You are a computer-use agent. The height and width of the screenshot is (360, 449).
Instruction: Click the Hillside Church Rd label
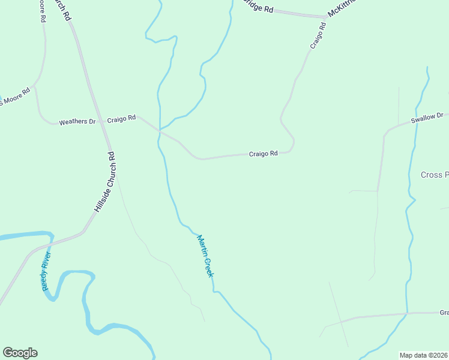(103, 182)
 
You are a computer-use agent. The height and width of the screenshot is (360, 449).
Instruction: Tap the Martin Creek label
(205, 256)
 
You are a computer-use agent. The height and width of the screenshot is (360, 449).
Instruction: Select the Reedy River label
(47, 272)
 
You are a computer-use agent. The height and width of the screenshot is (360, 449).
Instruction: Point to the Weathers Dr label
(77, 122)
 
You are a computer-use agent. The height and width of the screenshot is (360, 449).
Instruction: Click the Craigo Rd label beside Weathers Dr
(121, 119)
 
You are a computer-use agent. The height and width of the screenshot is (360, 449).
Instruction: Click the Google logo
(20, 353)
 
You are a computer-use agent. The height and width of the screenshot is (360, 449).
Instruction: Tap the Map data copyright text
(424, 355)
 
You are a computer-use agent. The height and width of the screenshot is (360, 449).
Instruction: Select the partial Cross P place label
(434, 175)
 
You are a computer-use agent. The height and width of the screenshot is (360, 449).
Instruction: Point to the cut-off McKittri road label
(342, 8)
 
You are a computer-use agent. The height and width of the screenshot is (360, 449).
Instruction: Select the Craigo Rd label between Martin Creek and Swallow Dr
(263, 154)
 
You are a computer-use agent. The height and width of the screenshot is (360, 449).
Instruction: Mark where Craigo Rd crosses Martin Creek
(160, 130)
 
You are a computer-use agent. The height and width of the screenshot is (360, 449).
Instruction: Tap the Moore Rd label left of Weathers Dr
(15, 98)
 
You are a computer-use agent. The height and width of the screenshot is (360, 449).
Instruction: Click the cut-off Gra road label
(444, 313)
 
